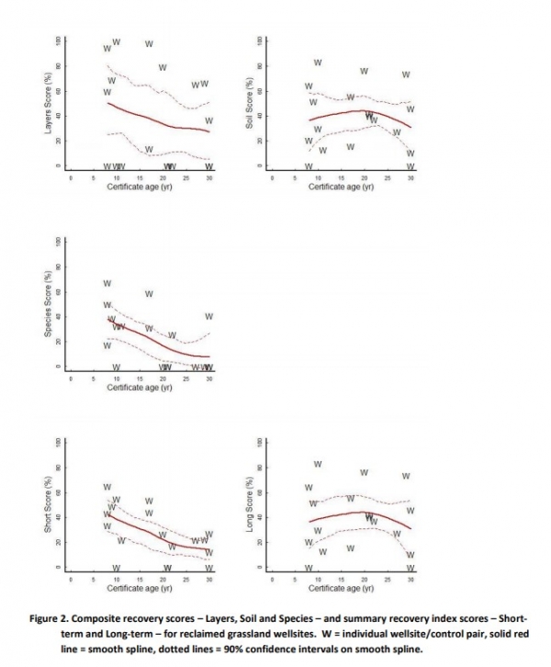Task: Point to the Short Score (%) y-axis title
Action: [47, 509]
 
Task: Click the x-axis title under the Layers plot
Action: [140, 187]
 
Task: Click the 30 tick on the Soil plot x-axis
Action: [410, 177]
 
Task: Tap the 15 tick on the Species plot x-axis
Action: [140, 378]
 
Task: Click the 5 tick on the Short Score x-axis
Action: [94, 579]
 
